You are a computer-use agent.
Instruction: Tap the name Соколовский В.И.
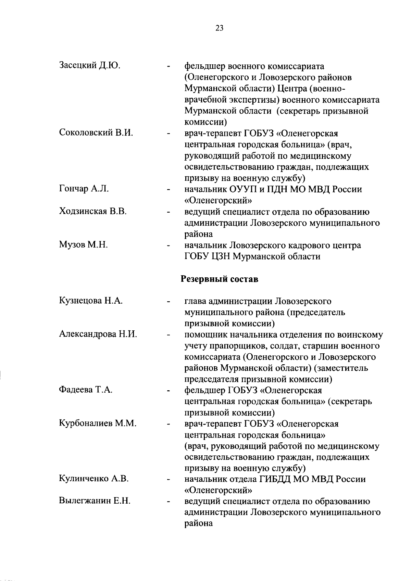tap(96, 133)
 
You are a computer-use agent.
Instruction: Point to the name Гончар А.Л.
tap(84, 189)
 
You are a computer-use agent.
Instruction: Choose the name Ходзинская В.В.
tap(93, 211)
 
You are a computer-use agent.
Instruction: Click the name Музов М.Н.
tap(84, 245)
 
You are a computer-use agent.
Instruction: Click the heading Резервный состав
tap(219, 279)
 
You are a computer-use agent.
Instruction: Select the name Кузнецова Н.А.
tap(91, 301)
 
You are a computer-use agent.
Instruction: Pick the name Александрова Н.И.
tap(98, 334)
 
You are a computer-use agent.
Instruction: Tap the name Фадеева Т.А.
tap(86, 390)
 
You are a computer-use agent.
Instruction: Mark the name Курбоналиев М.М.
tap(98, 424)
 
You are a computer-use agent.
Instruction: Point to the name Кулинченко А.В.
tap(94, 479)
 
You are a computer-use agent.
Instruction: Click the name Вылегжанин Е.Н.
tap(95, 501)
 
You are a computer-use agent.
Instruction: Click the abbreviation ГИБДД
tap(275, 479)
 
